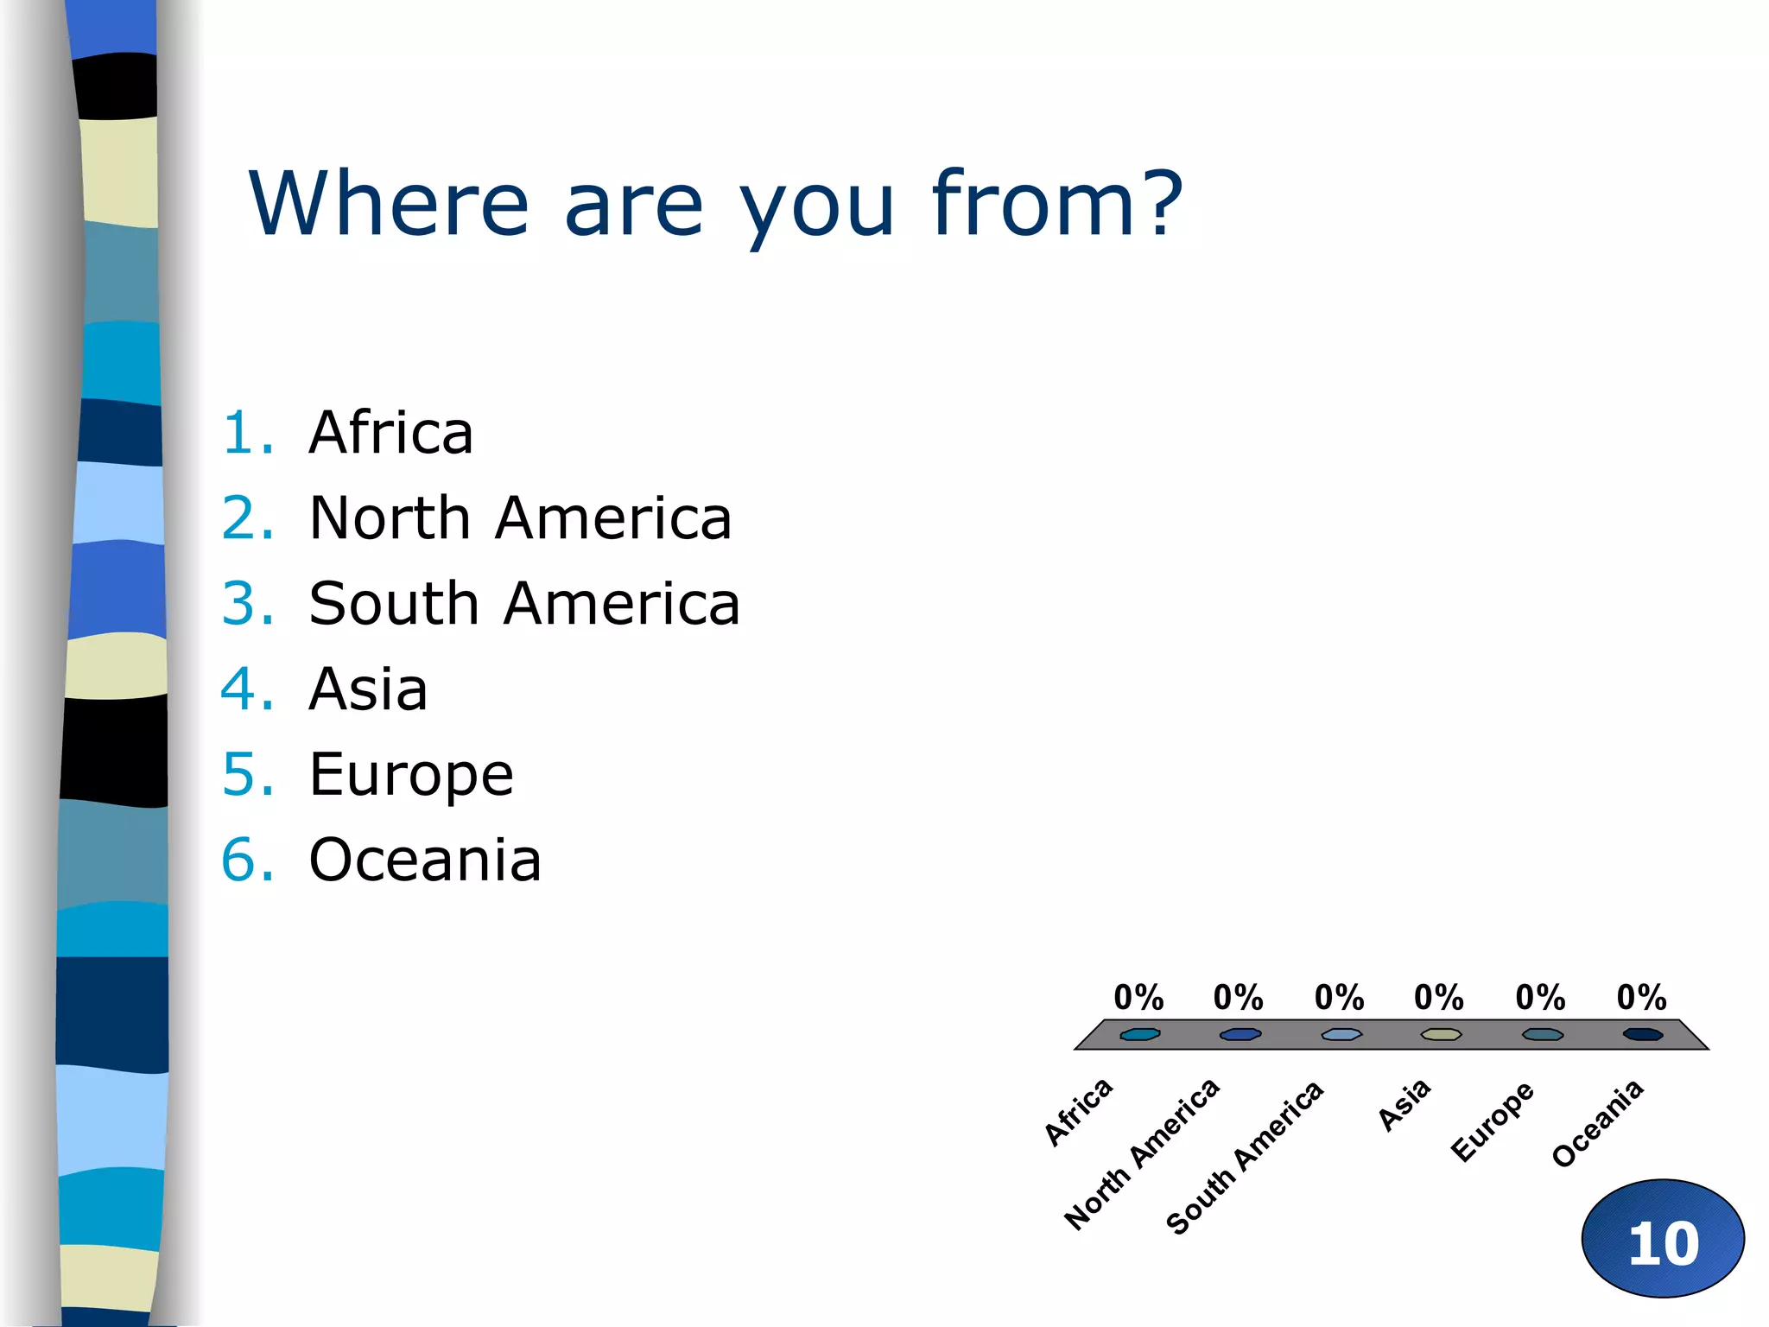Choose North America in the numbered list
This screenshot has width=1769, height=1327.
(520, 518)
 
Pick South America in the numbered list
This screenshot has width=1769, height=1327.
(524, 603)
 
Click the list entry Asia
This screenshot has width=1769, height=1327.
(368, 689)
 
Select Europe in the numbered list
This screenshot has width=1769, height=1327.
(411, 774)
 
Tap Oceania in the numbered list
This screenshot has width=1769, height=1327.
(425, 860)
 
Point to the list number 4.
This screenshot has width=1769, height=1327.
(247, 689)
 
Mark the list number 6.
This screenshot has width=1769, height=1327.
(247, 860)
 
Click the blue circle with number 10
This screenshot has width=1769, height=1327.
(1663, 1239)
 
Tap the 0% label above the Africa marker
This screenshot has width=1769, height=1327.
(1138, 998)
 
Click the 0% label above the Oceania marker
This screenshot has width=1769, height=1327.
(1641, 998)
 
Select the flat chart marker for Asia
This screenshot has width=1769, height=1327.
(1441, 1034)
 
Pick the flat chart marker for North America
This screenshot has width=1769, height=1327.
(1240, 1034)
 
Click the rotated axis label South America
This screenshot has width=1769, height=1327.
(1245, 1157)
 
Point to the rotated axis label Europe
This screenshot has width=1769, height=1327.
(1493, 1121)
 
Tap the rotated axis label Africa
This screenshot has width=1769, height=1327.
(1078, 1112)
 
